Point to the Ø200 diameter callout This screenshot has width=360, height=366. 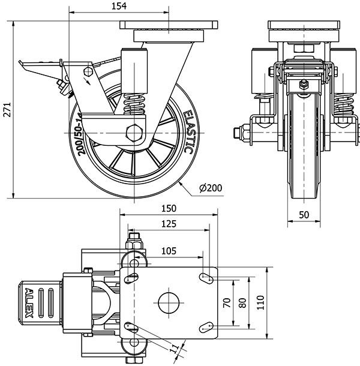[210, 188]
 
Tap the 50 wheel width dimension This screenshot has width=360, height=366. [304, 215]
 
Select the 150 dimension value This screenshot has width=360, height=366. [169, 208]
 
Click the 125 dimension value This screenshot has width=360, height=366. [169, 224]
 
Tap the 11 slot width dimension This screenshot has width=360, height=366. [175, 349]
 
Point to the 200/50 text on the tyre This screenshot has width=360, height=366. [80, 142]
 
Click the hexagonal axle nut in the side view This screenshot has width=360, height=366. [136, 131]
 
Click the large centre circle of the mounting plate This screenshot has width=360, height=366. [168, 302]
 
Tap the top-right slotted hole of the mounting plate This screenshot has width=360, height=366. [208, 277]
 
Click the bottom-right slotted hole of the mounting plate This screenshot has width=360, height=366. [208, 326]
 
